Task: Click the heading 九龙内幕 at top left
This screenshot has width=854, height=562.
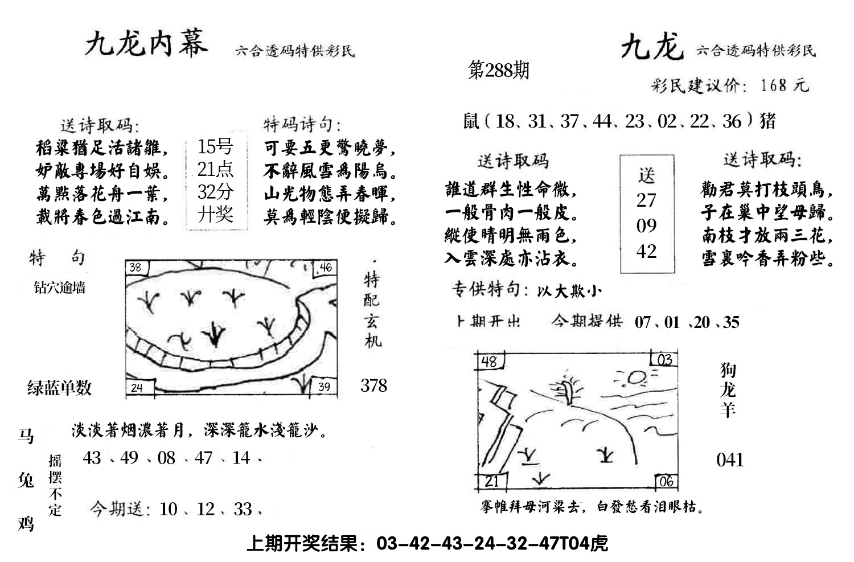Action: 146,44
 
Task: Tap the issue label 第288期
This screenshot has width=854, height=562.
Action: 498,70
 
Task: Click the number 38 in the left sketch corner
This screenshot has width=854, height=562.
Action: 135,268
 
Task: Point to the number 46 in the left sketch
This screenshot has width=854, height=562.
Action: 325,268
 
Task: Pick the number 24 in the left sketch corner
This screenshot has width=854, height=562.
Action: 137,388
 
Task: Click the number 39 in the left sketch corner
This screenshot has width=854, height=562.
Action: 323,387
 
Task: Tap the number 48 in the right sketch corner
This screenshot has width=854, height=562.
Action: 489,361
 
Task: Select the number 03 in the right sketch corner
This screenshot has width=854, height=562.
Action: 664,360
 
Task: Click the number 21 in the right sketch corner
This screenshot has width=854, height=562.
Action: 491,481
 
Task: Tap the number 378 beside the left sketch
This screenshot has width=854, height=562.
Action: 373,385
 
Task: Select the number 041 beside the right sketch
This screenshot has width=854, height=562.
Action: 730,460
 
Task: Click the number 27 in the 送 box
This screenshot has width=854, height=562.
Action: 646,200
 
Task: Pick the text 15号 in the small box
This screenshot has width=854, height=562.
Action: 215,147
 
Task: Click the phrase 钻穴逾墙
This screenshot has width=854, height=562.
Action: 60,288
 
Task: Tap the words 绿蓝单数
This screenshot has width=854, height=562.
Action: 59,388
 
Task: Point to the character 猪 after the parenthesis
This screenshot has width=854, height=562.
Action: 767,121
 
